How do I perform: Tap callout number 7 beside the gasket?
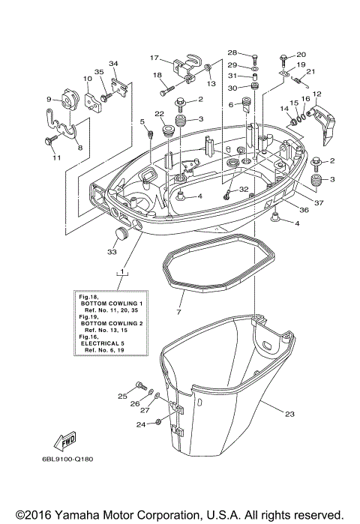tap(178, 310)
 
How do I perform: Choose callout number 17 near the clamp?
tap(154, 58)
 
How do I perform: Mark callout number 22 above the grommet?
tap(159, 113)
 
